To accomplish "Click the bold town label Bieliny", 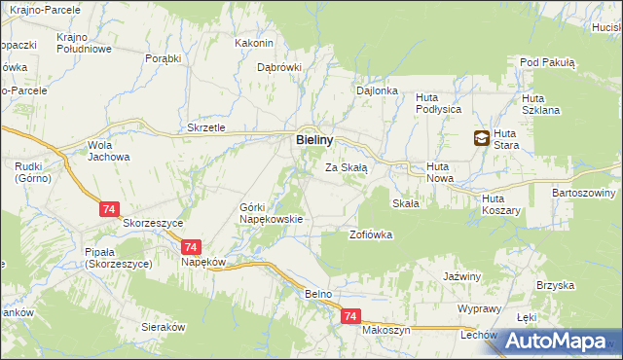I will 316,140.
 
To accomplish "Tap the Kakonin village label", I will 255,43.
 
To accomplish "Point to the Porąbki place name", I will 164,58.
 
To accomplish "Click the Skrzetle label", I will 206,128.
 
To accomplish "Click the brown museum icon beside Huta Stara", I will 482,139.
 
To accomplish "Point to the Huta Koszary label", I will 502,204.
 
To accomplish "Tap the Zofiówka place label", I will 370,234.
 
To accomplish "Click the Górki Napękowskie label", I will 272,213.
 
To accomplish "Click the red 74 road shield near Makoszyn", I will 351,317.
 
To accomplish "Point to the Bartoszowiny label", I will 583,193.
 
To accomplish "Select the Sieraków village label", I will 164,327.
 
